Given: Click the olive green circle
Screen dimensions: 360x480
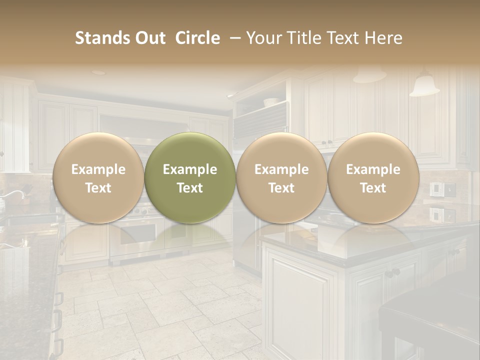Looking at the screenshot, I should point(190,177).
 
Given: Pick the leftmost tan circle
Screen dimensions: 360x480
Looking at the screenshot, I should point(98,177).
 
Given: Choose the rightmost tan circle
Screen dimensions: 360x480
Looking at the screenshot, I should point(373,177).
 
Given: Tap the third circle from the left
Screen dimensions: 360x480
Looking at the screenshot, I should point(281,177).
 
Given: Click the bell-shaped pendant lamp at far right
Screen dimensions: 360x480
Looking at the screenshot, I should point(424,85).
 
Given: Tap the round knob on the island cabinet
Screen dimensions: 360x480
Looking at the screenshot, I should point(395,272).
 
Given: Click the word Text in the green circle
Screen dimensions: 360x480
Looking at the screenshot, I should point(190,188).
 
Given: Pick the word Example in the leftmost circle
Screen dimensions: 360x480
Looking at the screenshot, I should point(98,169).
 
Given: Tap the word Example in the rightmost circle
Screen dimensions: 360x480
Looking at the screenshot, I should point(373,169).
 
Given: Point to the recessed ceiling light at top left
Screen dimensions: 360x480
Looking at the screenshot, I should point(98,72).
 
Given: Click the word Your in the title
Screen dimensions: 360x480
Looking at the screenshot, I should point(262,38).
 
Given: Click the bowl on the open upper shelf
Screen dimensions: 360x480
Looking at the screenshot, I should point(270,102).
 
